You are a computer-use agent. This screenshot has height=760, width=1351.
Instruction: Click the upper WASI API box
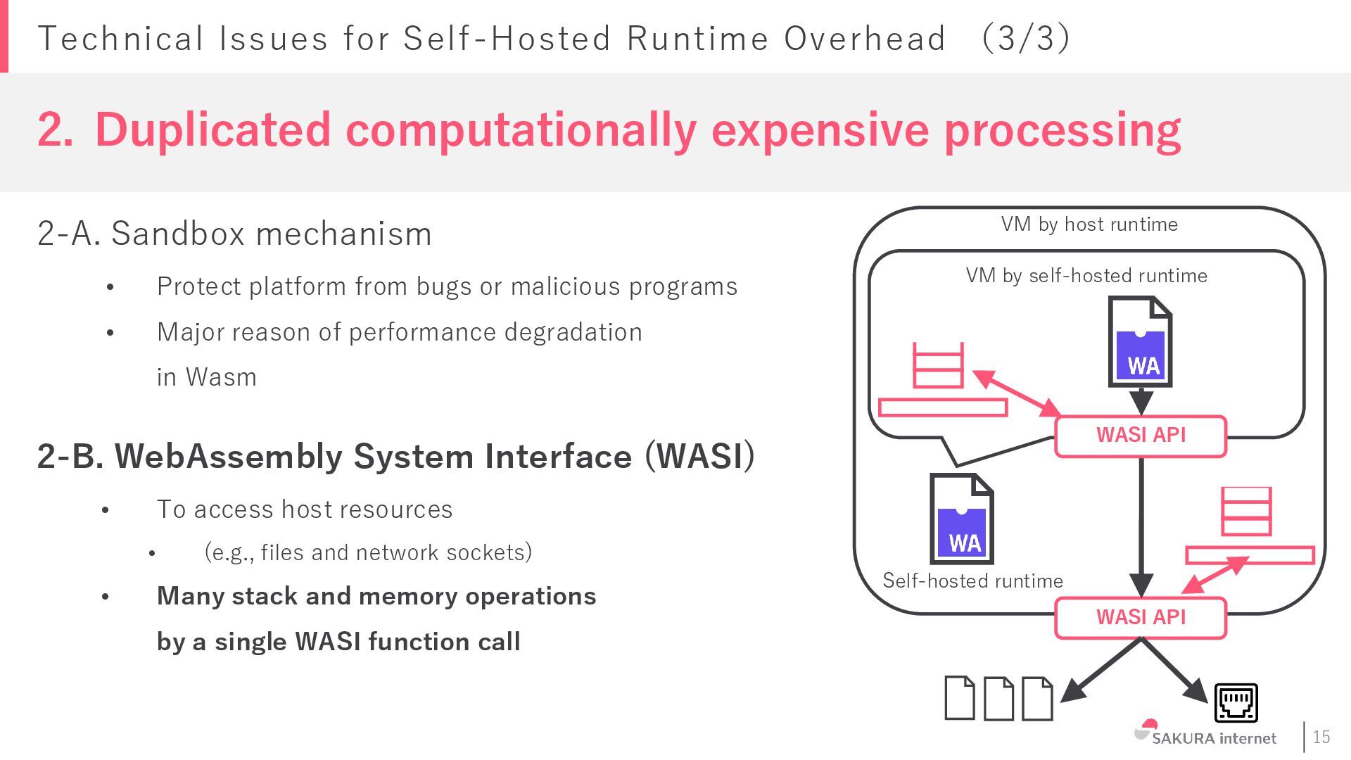(x=1141, y=436)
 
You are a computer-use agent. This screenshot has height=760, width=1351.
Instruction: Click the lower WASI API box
(x=1141, y=617)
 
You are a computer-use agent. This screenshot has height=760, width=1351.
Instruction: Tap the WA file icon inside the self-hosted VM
(x=1140, y=342)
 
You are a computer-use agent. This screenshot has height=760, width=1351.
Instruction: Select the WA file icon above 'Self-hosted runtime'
(x=961, y=519)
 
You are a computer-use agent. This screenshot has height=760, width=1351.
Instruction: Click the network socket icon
(x=1236, y=702)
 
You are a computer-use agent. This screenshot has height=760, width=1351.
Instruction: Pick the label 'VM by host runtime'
(x=1089, y=224)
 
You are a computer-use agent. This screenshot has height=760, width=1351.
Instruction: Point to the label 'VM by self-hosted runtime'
(x=1086, y=276)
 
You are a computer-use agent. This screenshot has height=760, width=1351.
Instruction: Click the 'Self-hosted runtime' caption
(x=972, y=581)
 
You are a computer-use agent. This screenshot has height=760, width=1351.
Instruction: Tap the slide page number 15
(x=1321, y=737)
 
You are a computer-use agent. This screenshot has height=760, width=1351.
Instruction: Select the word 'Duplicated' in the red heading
(x=213, y=130)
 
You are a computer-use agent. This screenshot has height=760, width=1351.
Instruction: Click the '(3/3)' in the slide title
(x=1026, y=39)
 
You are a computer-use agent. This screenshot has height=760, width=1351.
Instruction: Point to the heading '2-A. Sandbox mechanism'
(x=234, y=234)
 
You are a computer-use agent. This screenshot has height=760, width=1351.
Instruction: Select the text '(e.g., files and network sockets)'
(x=368, y=552)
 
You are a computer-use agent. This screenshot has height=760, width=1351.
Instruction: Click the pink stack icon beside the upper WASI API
(x=938, y=366)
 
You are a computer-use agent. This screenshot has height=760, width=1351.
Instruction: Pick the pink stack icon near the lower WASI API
(x=1246, y=512)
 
